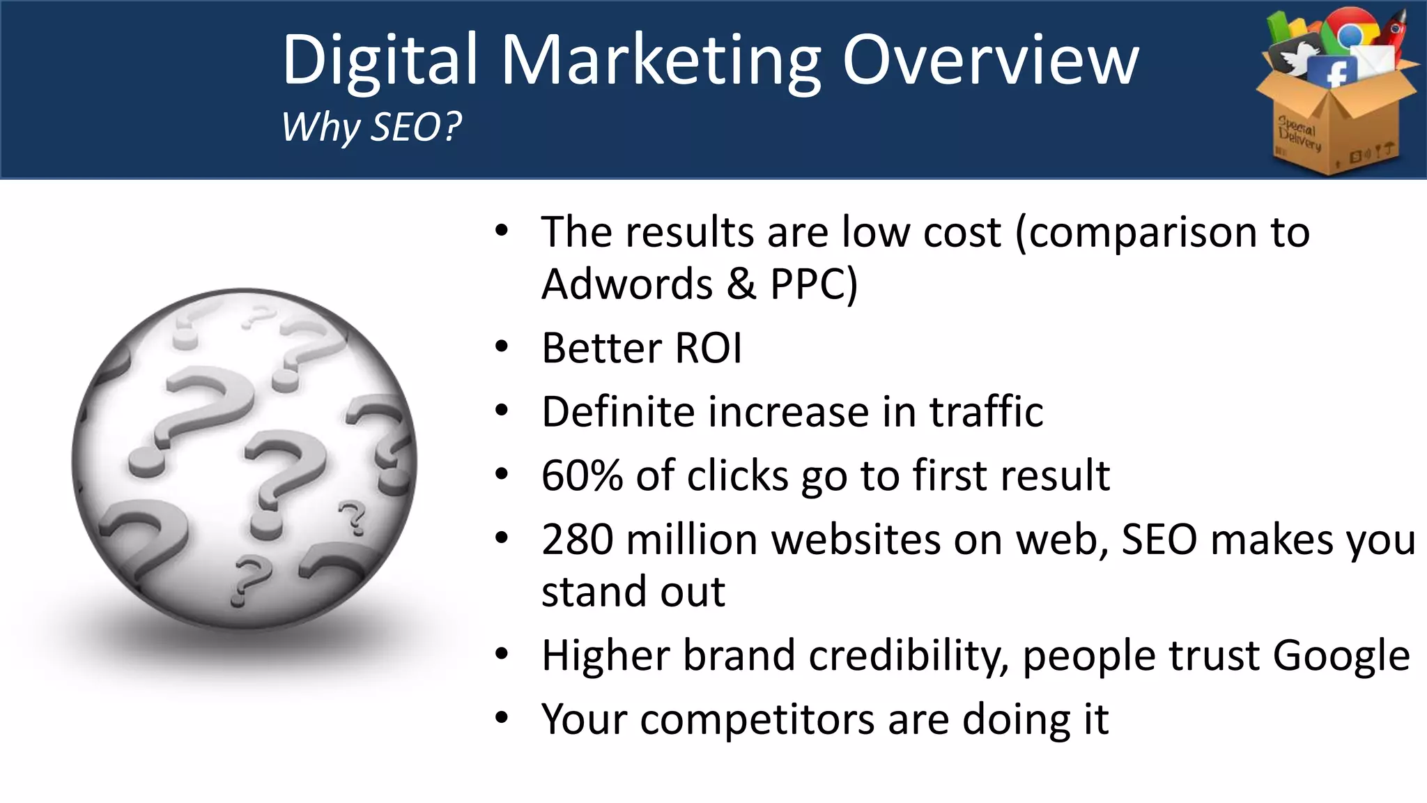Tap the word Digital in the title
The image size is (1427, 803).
coord(380,61)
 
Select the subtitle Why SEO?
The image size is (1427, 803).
coord(371,127)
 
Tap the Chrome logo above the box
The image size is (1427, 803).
coord(1350,31)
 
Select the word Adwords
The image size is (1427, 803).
coord(627,284)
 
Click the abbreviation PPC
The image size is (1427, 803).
coord(808,284)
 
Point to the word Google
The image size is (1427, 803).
coord(1341,657)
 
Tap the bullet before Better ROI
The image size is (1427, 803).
coord(502,347)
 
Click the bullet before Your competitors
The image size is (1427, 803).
coord(502,718)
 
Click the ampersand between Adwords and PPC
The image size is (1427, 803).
coord(741,284)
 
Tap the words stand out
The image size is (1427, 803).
coord(633,592)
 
